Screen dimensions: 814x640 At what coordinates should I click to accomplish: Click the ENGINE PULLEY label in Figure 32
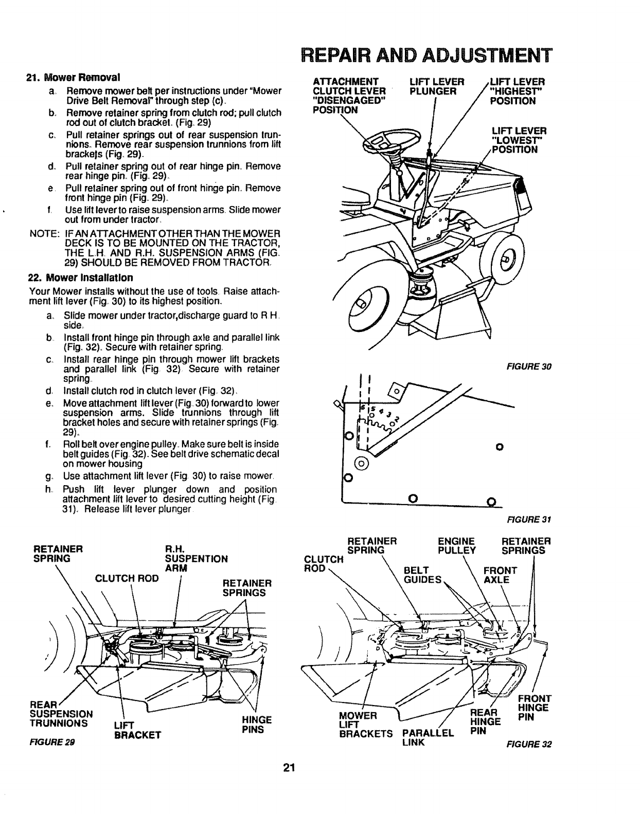pyautogui.click(x=456, y=546)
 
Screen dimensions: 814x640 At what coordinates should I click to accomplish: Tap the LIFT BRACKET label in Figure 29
pyautogui.click(x=135, y=730)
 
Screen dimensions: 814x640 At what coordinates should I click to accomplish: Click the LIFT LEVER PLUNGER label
pyautogui.click(x=437, y=87)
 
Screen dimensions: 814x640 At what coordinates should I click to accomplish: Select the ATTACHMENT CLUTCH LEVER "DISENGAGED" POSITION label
pyautogui.click(x=349, y=96)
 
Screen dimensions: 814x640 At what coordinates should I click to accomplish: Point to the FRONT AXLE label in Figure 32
pyautogui.click(x=500, y=575)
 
